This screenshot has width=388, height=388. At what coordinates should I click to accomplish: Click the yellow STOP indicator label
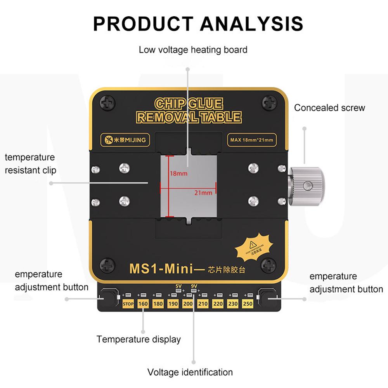click(128, 304)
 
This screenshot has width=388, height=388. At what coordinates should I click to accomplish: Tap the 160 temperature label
click(143, 304)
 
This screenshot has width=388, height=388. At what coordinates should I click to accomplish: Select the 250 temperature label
click(248, 304)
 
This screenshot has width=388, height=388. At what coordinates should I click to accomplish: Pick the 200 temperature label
click(188, 304)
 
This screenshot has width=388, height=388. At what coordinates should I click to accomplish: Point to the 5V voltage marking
click(178, 286)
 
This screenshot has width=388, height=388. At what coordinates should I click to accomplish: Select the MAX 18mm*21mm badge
click(251, 140)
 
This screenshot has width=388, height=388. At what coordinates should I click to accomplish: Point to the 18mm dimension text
click(178, 173)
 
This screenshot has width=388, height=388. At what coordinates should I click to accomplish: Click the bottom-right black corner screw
click(268, 267)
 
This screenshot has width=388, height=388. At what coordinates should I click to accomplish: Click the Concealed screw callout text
click(329, 108)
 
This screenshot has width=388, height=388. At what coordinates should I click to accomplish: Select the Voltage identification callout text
click(190, 372)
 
